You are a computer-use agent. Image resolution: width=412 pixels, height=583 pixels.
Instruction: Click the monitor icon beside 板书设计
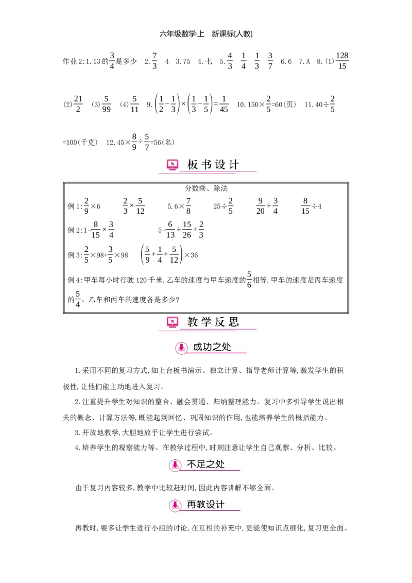(x=173, y=165)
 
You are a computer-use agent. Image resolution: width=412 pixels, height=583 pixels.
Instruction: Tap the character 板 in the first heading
(x=193, y=165)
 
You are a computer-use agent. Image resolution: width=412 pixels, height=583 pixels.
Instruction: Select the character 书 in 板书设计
(x=207, y=165)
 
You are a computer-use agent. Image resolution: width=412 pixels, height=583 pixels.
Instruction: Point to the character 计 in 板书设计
(x=234, y=165)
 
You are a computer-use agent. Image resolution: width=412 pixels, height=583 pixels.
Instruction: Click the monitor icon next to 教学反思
(x=173, y=322)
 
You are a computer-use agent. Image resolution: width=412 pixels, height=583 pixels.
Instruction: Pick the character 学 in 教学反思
(x=207, y=322)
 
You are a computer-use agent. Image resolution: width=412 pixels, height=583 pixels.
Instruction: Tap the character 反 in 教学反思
(x=220, y=322)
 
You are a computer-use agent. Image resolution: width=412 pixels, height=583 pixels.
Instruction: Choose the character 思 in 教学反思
(x=234, y=322)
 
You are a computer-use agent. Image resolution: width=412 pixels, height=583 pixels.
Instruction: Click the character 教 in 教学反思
(x=193, y=322)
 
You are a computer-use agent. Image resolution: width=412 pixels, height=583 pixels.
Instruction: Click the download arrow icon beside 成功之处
(x=181, y=348)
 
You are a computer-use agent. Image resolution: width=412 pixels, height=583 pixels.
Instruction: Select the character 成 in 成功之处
(x=198, y=347)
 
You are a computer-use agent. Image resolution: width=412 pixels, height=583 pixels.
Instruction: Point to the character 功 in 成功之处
(x=208, y=347)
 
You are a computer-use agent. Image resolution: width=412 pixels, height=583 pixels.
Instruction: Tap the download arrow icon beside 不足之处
(x=175, y=465)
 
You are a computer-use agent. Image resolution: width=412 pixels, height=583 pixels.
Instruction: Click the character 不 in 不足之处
(x=192, y=464)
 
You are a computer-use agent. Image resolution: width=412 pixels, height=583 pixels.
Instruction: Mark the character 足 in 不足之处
(x=201, y=464)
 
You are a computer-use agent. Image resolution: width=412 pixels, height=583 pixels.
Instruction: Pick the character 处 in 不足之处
(x=220, y=464)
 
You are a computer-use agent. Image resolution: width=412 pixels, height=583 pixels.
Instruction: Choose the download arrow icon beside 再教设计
(x=175, y=505)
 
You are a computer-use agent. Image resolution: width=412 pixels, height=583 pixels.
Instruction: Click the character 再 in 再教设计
(x=192, y=505)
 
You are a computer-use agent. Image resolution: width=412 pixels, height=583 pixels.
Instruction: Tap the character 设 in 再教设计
(x=211, y=505)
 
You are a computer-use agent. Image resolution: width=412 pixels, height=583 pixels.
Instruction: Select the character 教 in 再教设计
(x=201, y=505)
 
